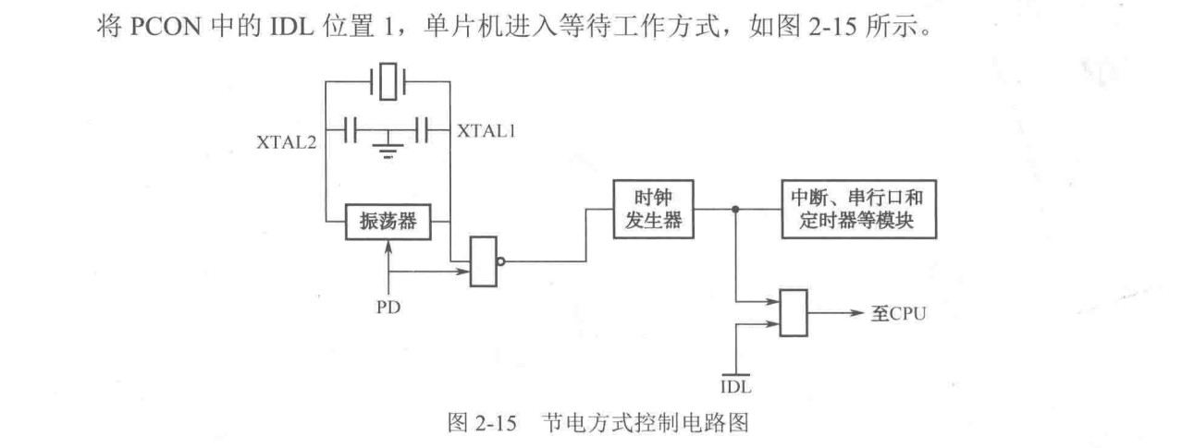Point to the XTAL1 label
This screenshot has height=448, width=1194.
tap(486, 131)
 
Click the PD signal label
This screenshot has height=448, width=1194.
tap(389, 305)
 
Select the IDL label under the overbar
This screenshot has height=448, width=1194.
tap(733, 381)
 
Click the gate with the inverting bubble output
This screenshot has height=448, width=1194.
tap(483, 261)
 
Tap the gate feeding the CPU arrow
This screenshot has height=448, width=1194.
tap(794, 313)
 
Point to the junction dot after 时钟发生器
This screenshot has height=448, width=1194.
tap(734, 210)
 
